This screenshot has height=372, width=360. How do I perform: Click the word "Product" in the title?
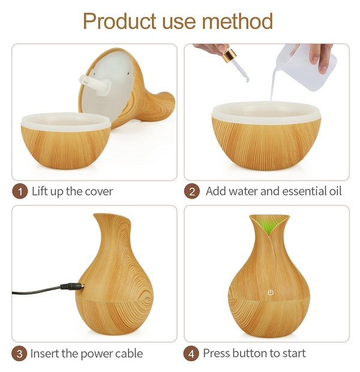pos(119,22)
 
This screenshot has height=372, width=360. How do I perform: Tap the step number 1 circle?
pos(20,191)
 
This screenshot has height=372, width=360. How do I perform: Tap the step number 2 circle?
pos(192,191)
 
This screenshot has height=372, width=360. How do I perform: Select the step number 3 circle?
pos(19,354)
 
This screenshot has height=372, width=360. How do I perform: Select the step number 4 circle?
pos(191,354)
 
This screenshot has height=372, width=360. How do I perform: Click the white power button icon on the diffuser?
pos(271,292)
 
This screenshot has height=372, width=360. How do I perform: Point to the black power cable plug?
pos(73,286)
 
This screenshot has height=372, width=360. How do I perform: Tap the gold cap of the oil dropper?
pos(229,55)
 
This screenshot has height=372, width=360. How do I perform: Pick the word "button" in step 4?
pos(250,353)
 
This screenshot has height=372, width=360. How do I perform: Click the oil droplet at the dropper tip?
pos(247,80)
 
